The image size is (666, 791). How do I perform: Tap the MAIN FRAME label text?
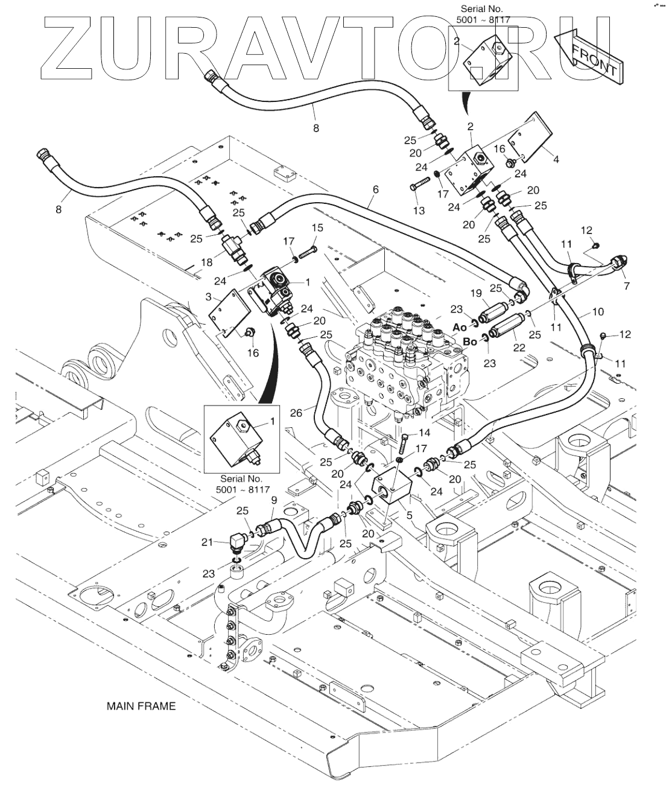coord(141,706)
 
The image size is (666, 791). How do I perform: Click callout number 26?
coord(296,413)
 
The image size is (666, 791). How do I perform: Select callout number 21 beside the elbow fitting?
coord(208,542)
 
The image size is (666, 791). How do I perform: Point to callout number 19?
coord(476,294)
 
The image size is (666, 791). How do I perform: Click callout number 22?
coord(519,348)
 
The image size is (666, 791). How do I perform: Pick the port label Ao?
coord(460,327)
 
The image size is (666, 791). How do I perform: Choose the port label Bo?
coord(470,341)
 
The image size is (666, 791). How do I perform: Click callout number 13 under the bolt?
coord(419,210)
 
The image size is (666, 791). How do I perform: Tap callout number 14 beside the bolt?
coord(425,432)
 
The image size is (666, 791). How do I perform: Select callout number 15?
coord(317,227)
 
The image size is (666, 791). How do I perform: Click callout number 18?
coord(207,262)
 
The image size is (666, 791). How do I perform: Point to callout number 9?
coord(274,500)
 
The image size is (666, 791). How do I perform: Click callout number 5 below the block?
coord(410,515)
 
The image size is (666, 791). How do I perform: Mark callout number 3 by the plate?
coord(208,297)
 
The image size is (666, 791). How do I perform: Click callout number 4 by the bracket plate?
coord(556,159)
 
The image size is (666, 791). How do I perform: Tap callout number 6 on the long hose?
coord(375,189)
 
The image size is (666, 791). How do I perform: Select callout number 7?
coord(627,285)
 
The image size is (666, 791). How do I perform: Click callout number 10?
coord(598,312)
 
